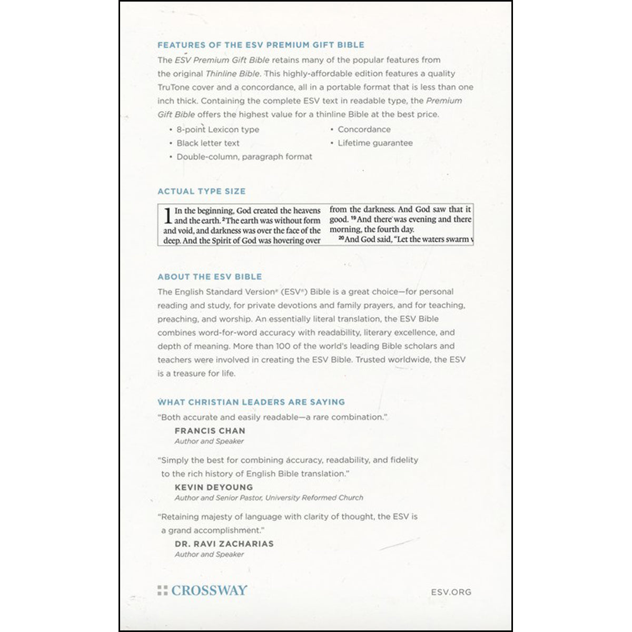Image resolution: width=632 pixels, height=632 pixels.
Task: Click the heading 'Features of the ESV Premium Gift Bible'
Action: click(261, 45)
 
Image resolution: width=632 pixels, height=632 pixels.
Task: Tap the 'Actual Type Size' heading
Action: click(201, 191)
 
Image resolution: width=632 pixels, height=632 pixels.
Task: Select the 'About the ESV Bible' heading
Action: click(210, 276)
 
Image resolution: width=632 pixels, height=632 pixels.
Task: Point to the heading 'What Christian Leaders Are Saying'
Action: click(251, 402)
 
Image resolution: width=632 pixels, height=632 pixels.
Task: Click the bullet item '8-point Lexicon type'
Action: click(218, 130)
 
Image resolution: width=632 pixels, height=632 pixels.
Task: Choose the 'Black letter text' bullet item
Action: click(208, 143)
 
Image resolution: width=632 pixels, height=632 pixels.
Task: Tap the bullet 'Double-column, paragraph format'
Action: click(244, 157)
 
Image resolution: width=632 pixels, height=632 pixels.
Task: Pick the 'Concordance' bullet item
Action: click(364, 130)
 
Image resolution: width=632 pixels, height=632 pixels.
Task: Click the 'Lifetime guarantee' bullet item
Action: click(375, 143)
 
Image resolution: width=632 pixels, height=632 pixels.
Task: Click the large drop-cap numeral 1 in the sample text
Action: click(167, 215)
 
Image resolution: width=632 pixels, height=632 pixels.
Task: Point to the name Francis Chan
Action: click(210, 431)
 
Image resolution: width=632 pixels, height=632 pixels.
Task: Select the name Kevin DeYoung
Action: click(213, 488)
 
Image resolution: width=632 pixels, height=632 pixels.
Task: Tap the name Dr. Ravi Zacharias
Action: click(224, 544)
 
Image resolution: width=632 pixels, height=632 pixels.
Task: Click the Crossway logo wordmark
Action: click(209, 590)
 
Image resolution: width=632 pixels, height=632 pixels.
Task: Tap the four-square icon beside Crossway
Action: click(162, 590)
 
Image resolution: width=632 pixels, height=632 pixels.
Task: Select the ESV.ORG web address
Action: click(451, 592)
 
